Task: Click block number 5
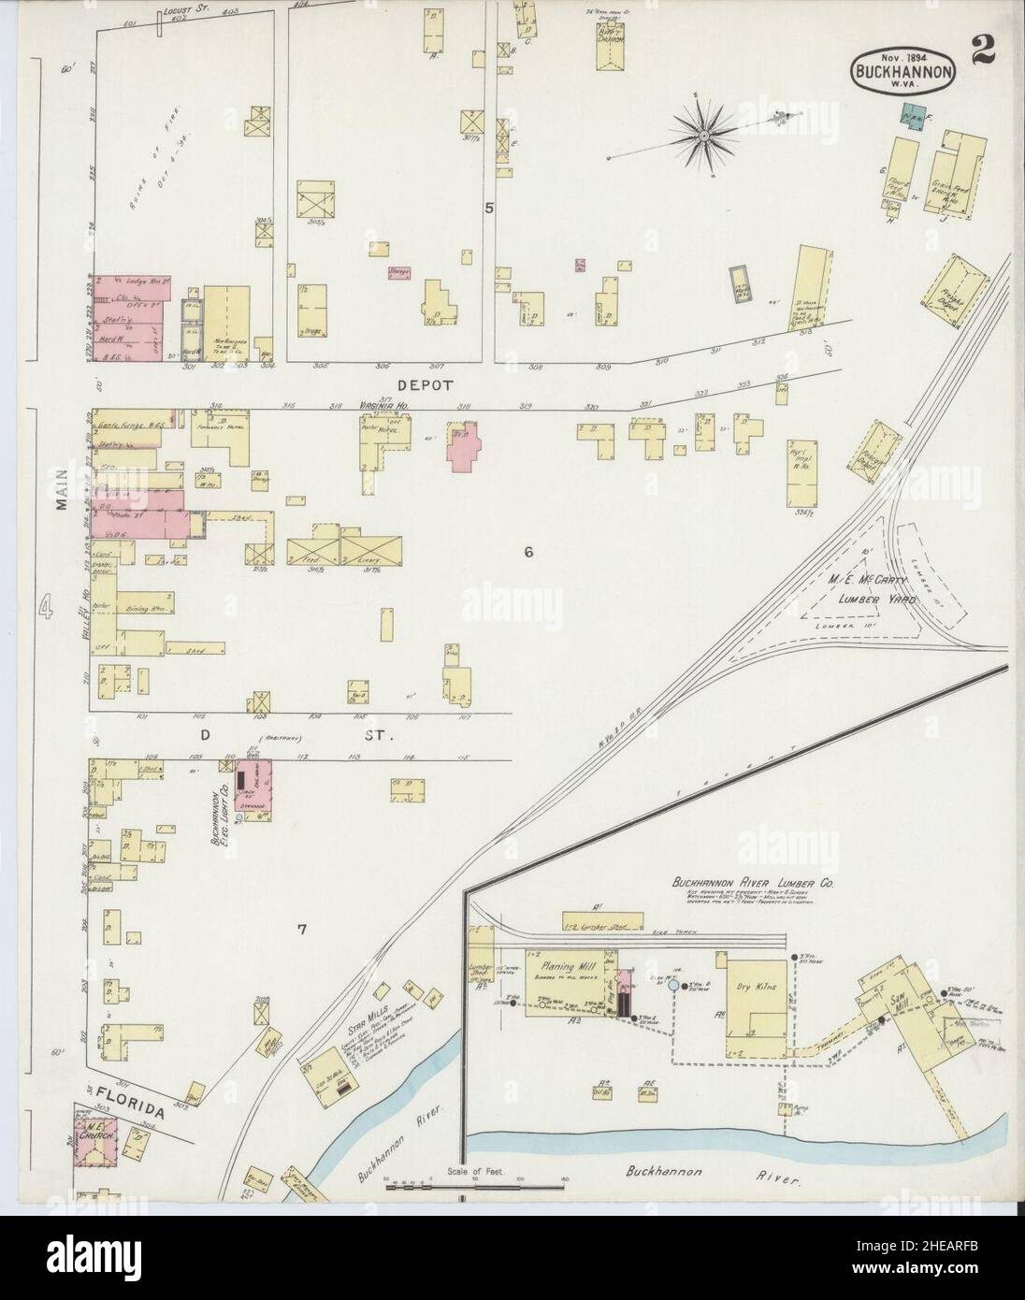coord(488,208)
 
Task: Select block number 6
coord(527,552)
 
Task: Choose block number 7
coord(302,929)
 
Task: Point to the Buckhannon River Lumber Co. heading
coord(753,882)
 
